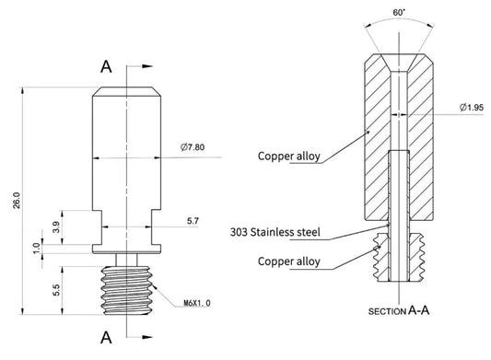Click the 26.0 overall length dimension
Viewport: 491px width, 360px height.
click(x=17, y=201)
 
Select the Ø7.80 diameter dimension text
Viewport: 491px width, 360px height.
click(x=193, y=146)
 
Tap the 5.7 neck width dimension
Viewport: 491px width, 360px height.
click(x=193, y=221)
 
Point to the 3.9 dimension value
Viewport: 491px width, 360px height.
click(x=56, y=226)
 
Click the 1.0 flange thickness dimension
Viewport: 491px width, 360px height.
click(x=37, y=249)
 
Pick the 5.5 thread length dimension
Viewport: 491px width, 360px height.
click(x=56, y=290)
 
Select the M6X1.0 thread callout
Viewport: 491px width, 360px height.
click(x=197, y=303)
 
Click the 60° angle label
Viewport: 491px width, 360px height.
click(x=399, y=13)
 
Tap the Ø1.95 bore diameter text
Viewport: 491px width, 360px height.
click(x=472, y=108)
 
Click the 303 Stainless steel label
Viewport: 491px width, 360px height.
click(x=275, y=232)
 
